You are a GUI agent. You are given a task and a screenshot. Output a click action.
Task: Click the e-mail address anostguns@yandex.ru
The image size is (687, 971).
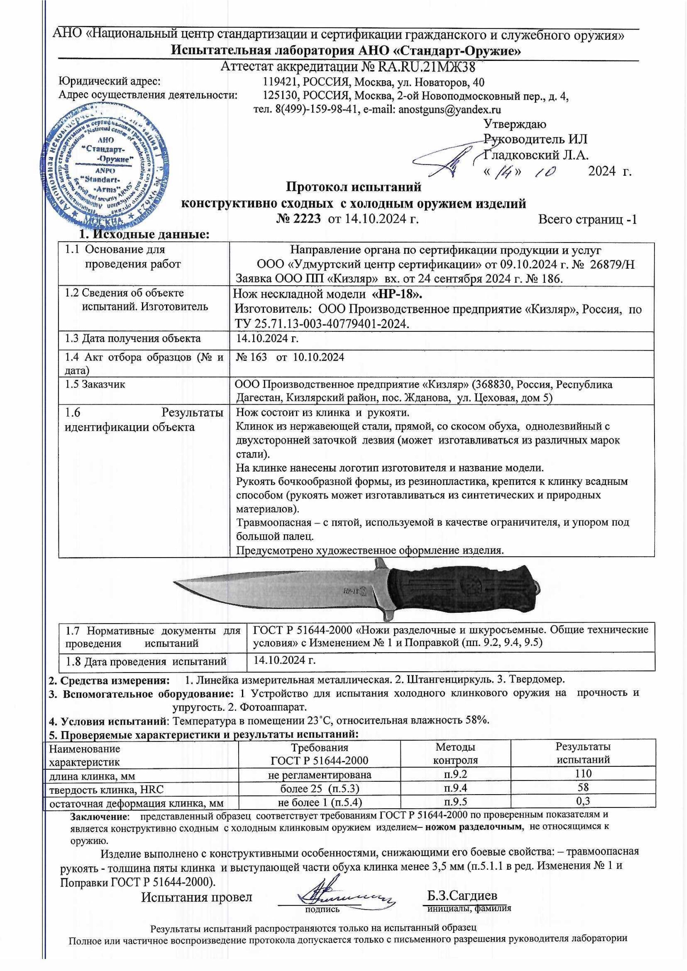click(x=449, y=110)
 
